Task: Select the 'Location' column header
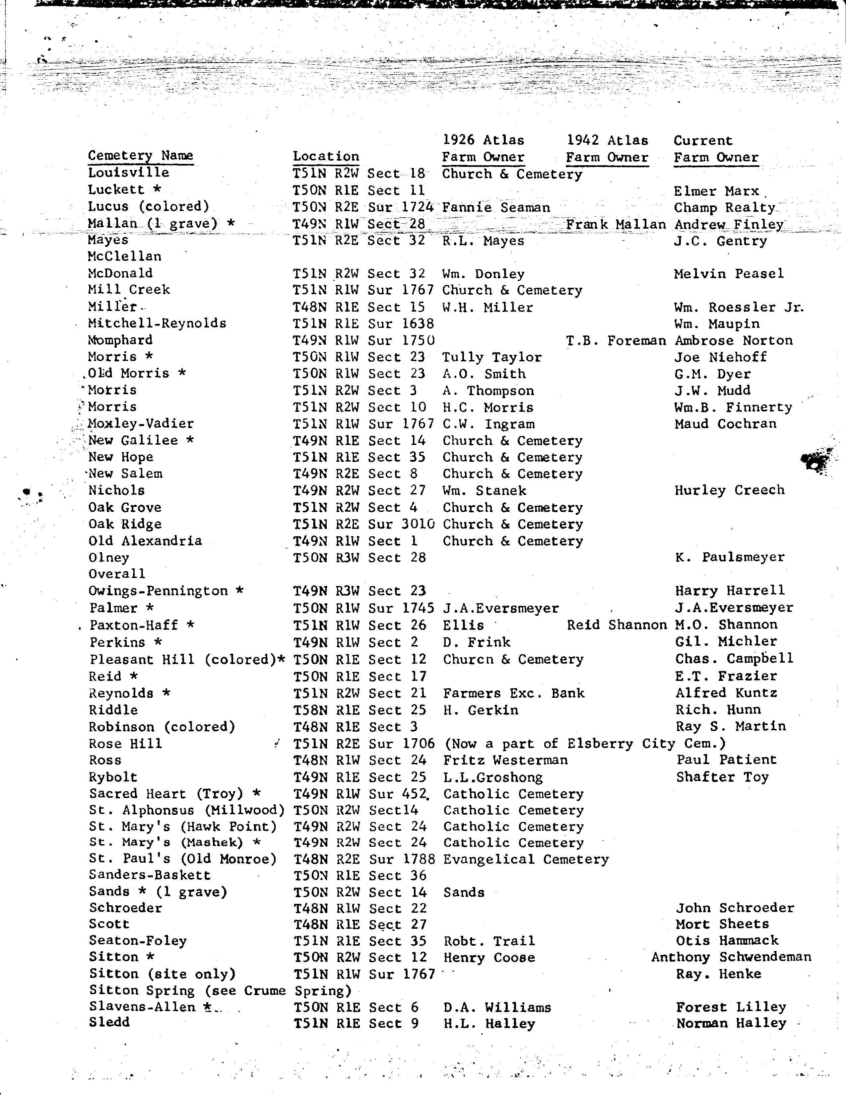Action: click(x=326, y=156)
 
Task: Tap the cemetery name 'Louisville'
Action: click(x=129, y=173)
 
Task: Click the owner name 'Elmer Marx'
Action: click(x=717, y=191)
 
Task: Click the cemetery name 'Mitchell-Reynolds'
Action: click(x=157, y=324)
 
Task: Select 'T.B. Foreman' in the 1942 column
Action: click(x=616, y=341)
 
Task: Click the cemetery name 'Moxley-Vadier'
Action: click(x=141, y=424)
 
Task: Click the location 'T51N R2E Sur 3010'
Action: click(x=364, y=524)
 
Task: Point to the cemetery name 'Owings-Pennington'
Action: click(x=159, y=591)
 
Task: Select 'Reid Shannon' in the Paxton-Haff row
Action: click(x=617, y=625)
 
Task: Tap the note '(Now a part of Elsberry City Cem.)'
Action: click(x=584, y=744)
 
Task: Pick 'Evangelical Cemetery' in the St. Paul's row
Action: click(x=526, y=859)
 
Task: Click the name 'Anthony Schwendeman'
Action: click(x=731, y=957)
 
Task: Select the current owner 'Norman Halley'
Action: click(x=731, y=1023)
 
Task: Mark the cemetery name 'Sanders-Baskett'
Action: click(x=150, y=875)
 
